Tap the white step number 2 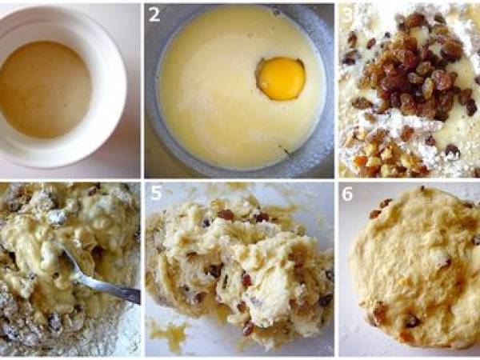[x=154, y=14]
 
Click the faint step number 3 [x=347, y=14]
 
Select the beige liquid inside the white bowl [x=46, y=90]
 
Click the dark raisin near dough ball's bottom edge [x=412, y=321]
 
